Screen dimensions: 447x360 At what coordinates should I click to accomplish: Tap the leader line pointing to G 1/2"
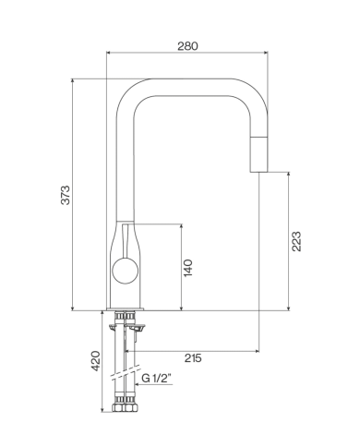tap(137, 378)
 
